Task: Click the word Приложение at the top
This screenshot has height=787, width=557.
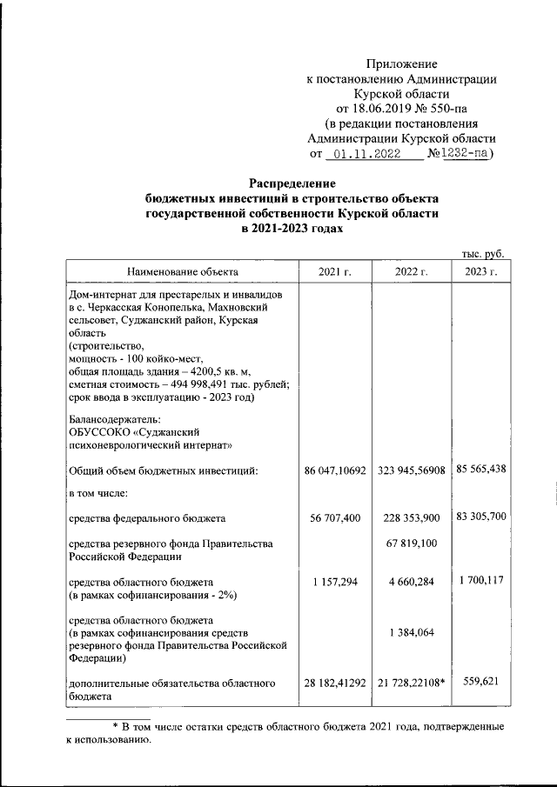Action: point(401,63)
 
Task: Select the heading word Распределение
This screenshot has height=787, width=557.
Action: point(292,183)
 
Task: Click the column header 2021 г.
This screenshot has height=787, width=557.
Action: point(334,272)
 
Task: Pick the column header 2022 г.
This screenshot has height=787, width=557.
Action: point(412,272)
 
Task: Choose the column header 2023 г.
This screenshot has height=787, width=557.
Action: point(480,272)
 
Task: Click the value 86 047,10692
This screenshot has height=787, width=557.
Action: point(334,470)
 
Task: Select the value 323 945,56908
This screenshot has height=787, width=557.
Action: point(412,470)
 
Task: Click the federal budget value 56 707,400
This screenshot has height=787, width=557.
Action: point(334,518)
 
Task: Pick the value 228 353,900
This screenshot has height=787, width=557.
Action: point(412,518)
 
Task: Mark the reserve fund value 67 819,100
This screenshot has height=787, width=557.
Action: point(412,544)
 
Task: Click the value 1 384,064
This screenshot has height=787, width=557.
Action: point(412,633)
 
